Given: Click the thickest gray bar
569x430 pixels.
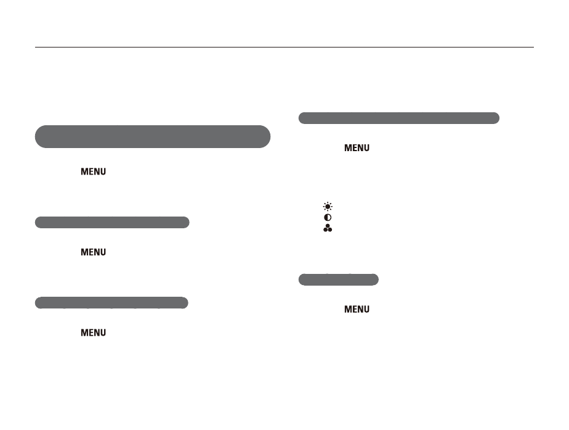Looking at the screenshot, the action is (153, 137).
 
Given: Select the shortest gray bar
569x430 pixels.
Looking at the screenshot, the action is (339, 279).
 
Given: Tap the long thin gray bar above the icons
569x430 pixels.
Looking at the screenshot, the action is (399, 118).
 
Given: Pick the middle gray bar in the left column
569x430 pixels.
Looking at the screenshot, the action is (112, 223).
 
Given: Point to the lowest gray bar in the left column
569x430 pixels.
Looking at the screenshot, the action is (111, 303).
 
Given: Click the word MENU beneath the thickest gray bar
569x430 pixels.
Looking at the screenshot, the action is (93, 172).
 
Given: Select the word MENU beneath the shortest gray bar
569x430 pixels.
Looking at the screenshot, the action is (357, 309).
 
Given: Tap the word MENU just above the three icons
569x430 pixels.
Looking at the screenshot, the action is (357, 148).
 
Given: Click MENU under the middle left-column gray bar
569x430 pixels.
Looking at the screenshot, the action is (93, 252).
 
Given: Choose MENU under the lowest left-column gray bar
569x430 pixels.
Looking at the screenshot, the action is (93, 333).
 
